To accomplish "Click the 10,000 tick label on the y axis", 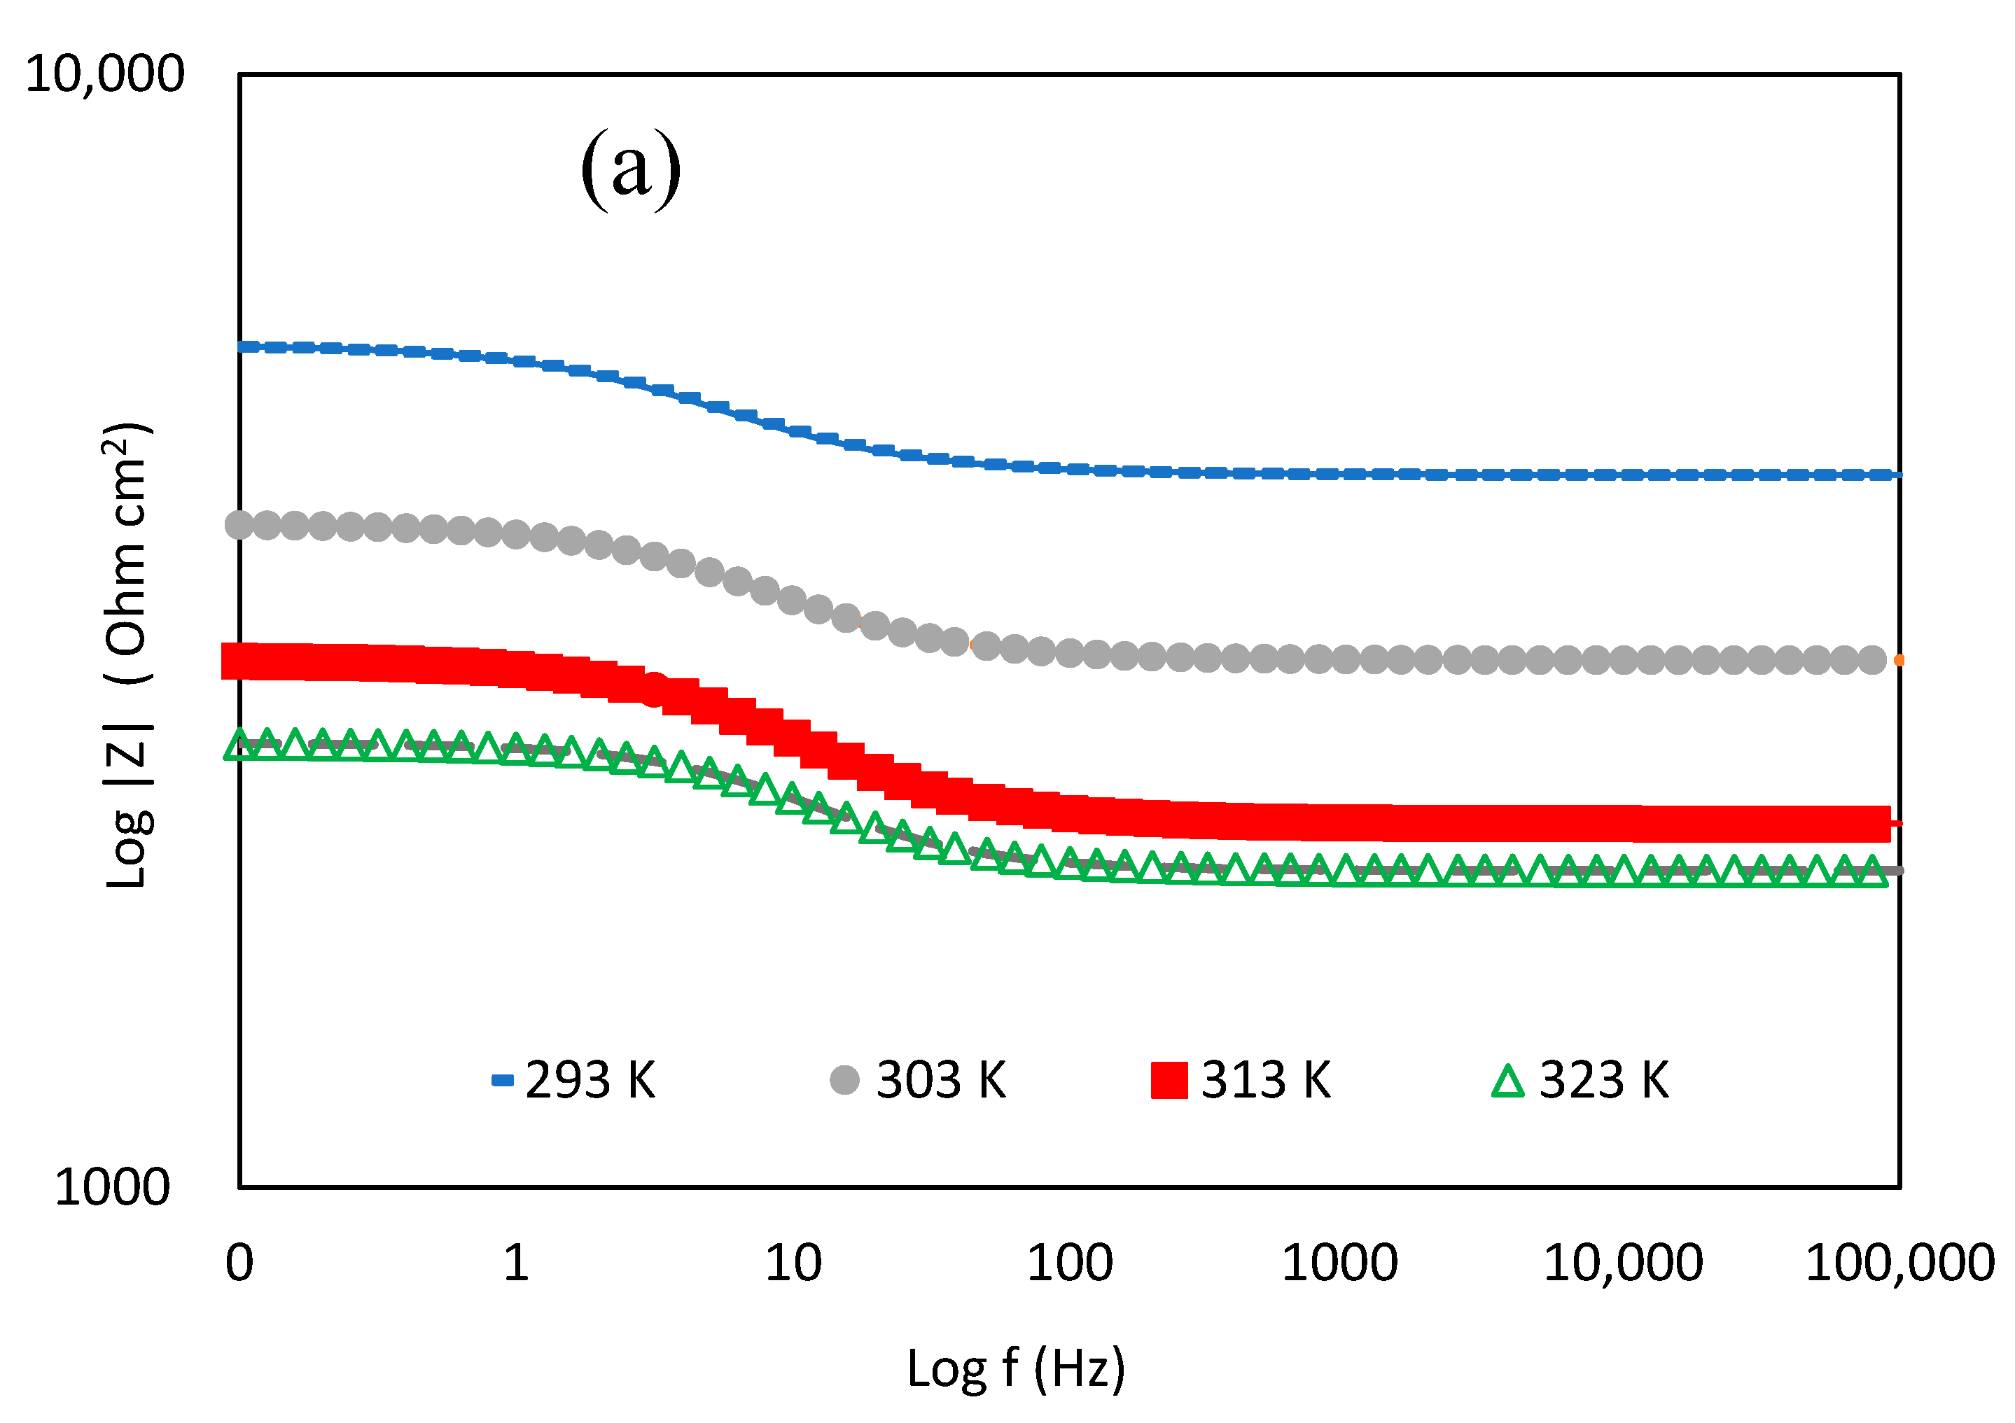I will click(104, 73).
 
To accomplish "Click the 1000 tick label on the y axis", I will click(111, 1188).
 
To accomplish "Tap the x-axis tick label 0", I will click(239, 1264).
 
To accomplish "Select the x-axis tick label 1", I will click(516, 1264).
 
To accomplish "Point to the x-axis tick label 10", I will click(793, 1264).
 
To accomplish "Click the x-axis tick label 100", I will click(1070, 1264).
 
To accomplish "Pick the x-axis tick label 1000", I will click(1339, 1264).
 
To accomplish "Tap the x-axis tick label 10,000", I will click(1623, 1264).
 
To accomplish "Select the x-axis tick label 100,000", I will click(1899, 1264).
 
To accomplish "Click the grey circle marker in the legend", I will click(844, 1080).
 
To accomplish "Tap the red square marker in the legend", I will click(1169, 1080).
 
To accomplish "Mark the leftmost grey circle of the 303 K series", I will click(239, 526).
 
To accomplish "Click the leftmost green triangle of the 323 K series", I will click(239, 747).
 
